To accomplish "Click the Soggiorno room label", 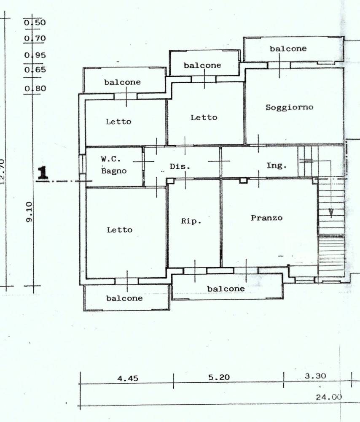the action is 289,107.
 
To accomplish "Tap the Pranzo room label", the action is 266,218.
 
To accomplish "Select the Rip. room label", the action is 191,221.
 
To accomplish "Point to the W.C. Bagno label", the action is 114,165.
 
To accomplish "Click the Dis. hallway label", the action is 180,167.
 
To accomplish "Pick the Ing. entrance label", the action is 277,165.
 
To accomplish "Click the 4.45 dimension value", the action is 128,379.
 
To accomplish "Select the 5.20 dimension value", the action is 219,377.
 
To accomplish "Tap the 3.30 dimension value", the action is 315,376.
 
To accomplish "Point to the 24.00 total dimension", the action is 329,397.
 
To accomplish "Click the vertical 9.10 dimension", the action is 29,212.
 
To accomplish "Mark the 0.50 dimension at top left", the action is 35,22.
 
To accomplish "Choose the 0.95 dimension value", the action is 35,55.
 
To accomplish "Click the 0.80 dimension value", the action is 35,89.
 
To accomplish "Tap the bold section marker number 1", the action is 43,173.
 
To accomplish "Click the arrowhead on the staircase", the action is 331,213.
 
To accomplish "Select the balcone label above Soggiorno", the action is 288,49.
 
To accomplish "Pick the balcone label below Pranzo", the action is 226,289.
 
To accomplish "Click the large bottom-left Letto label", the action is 120,230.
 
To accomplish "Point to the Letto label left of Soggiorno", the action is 204,117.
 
